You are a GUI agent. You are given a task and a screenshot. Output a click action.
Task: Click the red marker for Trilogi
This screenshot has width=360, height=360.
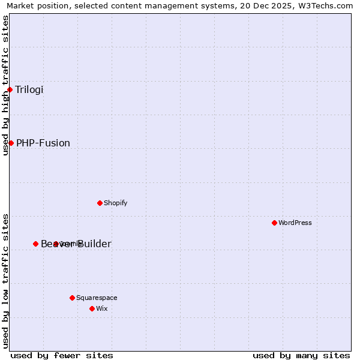(x=10, y=90)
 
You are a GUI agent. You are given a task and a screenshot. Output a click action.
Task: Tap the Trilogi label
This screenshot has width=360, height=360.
(x=29, y=90)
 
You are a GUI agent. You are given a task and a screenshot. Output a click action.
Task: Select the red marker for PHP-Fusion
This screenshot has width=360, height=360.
(x=11, y=143)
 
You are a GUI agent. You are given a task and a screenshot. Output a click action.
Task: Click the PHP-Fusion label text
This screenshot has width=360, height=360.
(x=43, y=143)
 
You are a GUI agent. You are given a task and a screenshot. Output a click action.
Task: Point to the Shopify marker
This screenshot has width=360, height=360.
(x=100, y=203)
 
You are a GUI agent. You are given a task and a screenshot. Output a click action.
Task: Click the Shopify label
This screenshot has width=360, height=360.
(x=116, y=203)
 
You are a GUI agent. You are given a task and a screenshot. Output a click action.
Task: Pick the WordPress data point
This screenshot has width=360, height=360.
(x=274, y=223)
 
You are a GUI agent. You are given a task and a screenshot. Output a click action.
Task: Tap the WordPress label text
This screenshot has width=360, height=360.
(x=295, y=223)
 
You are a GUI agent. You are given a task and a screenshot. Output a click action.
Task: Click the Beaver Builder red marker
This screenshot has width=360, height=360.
(x=35, y=244)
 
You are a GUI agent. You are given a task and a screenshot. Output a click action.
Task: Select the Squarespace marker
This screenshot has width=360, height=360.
(x=72, y=298)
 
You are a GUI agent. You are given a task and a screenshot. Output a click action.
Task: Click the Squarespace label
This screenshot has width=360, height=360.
(x=97, y=298)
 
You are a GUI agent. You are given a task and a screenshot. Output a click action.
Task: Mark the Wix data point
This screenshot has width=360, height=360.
(x=92, y=308)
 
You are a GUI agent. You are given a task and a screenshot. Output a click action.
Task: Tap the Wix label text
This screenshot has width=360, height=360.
(x=102, y=308)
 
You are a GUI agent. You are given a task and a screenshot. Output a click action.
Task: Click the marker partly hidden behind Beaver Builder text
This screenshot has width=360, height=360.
(x=56, y=244)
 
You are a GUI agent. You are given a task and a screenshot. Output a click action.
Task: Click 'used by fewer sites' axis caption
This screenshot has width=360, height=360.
(x=62, y=355)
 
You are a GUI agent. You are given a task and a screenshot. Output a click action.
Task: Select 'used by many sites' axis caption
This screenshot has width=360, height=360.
(x=301, y=355)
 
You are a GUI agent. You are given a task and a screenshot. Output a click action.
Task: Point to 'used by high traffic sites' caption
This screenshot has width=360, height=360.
(x=5, y=85)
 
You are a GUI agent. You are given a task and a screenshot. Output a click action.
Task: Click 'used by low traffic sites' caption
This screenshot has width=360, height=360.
(x=5, y=281)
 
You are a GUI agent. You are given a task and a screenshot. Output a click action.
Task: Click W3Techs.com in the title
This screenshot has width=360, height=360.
(x=325, y=5)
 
